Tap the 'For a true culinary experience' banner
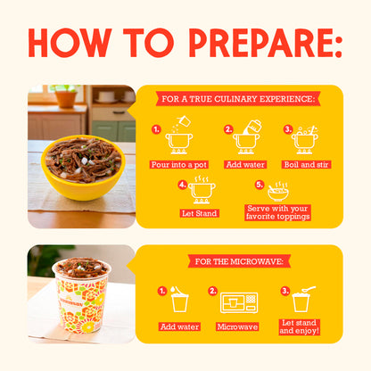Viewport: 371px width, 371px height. coord(238,99)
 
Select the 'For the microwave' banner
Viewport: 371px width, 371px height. coord(238,260)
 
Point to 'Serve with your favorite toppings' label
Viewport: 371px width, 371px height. coord(277,212)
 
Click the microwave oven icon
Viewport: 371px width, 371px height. coord(238,301)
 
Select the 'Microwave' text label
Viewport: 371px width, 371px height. coord(238,326)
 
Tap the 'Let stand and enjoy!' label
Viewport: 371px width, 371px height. coord(299,326)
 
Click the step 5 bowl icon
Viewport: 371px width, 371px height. coord(278,191)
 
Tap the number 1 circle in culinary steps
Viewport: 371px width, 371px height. coord(157,130)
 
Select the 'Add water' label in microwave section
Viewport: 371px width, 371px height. coord(179,326)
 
